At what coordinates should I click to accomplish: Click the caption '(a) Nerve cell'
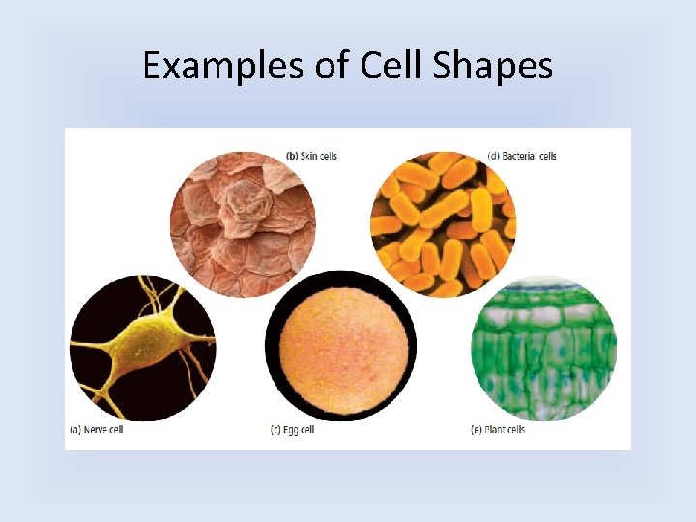click(x=96, y=430)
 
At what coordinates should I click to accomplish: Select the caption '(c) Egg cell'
click(x=292, y=430)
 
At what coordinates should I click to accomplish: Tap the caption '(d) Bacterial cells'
click(x=522, y=156)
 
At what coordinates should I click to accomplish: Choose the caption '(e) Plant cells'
click(x=499, y=430)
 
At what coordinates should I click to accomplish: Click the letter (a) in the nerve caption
click(x=74, y=430)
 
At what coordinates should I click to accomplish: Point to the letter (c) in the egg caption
click(x=275, y=430)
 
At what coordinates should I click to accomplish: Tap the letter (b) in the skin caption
click(x=291, y=156)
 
